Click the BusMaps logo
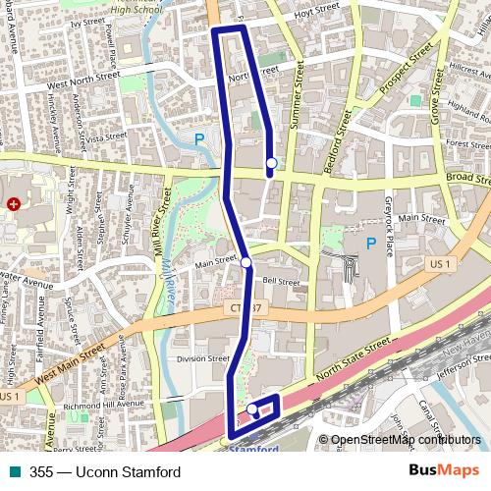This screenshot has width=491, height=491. [x=443, y=470]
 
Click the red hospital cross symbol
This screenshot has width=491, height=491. [x=14, y=204]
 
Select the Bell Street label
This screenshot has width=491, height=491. [x=281, y=281]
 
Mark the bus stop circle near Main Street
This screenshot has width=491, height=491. [x=245, y=262]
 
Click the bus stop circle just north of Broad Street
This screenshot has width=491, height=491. [x=270, y=163]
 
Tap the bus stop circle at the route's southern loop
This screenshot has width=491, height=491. [x=252, y=409]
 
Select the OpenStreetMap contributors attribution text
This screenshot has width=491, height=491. [x=406, y=440]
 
